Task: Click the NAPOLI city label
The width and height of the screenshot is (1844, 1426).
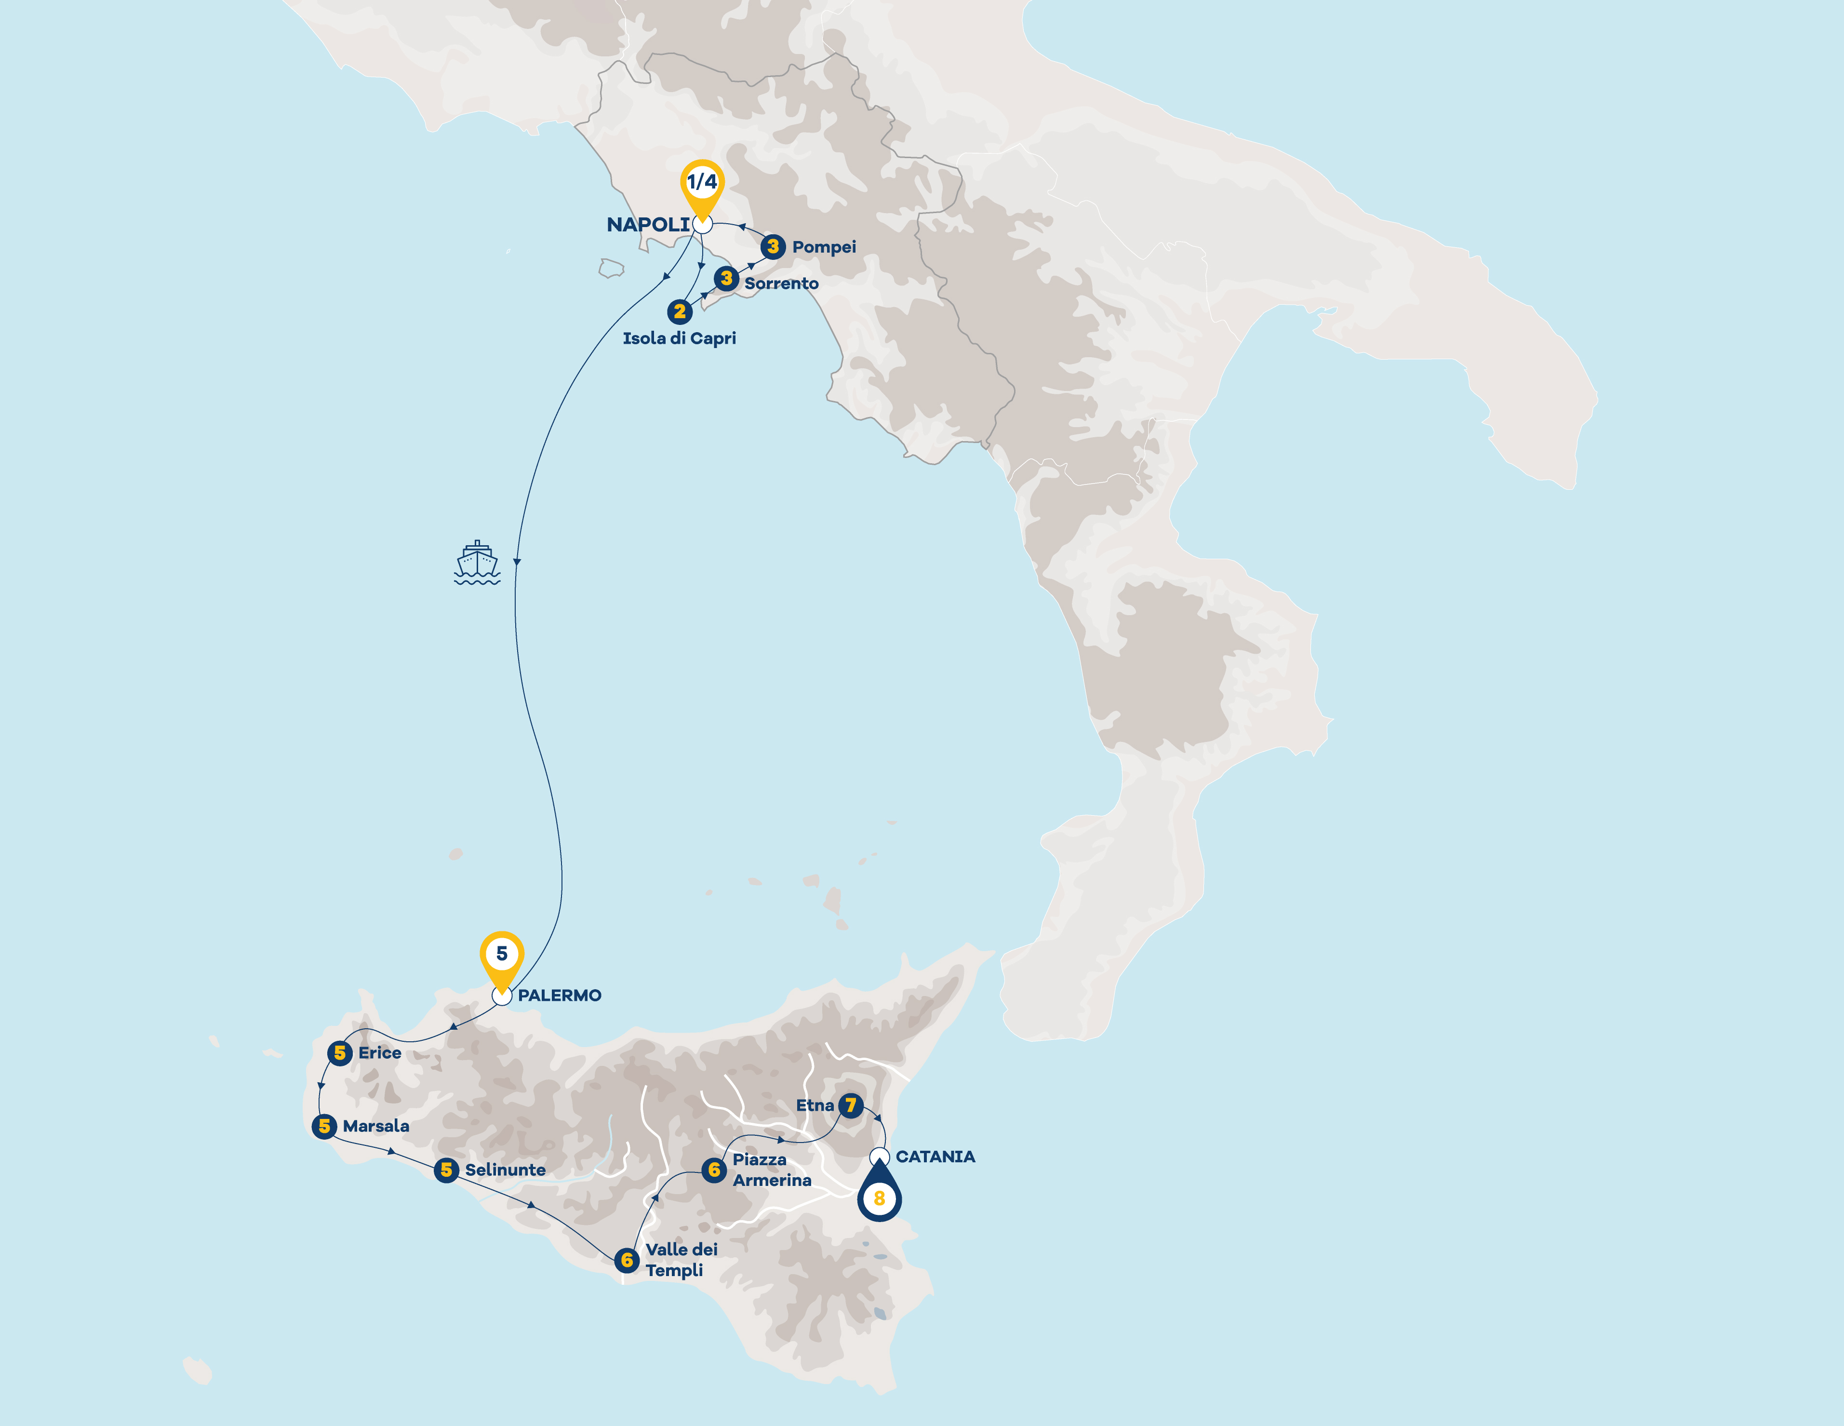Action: tap(648, 225)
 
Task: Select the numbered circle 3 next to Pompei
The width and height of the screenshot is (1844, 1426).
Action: tap(773, 246)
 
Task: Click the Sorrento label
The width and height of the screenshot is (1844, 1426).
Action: tap(781, 283)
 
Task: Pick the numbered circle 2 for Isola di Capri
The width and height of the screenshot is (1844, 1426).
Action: tap(680, 311)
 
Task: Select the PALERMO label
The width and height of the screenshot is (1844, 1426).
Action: tap(559, 996)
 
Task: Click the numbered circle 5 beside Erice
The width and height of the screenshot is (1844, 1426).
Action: tap(339, 1053)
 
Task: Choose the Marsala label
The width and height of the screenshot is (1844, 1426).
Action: tap(376, 1126)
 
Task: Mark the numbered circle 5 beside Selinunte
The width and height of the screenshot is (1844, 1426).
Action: tap(446, 1170)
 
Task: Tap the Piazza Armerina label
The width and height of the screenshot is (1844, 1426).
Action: tap(772, 1170)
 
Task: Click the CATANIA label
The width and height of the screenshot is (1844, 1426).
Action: tap(935, 1157)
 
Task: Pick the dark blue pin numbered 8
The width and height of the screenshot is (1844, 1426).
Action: tap(879, 1196)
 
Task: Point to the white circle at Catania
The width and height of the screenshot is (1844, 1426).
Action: tap(879, 1156)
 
